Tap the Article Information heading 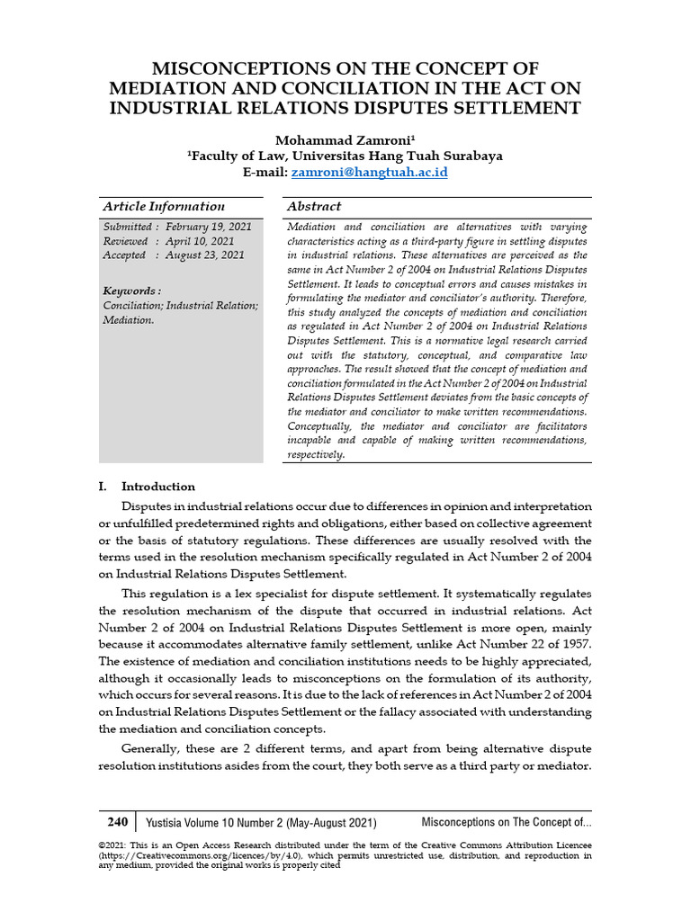coord(163,207)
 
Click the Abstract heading coord(314,207)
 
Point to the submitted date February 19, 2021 coord(209,227)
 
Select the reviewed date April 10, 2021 coord(199,241)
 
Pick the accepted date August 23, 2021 coord(205,255)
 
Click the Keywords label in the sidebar coord(131,291)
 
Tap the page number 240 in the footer coord(118,822)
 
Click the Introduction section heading coord(157,487)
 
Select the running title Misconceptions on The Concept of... coord(506,823)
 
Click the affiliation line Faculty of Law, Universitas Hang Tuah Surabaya coord(345,156)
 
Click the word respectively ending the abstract coord(315,455)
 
